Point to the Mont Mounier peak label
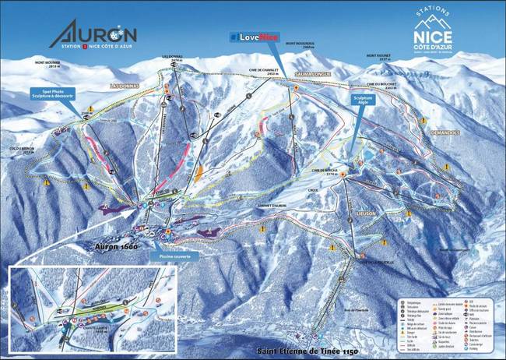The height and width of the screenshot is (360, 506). [x=47, y=65]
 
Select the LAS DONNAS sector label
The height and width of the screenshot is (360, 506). [x=124, y=85]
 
